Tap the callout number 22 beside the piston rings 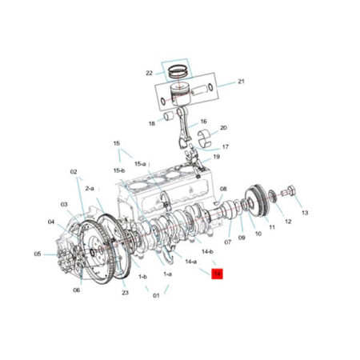tap(149, 73)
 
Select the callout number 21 tap(241, 82)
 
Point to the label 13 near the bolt tap(304, 213)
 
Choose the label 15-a tap(141, 162)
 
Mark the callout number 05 tap(37, 254)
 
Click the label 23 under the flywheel tap(126, 292)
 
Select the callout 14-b tap(207, 251)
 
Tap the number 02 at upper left tap(74, 171)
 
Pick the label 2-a tap(90, 187)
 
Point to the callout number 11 tap(271, 227)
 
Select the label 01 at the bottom tap(156, 294)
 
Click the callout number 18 tap(151, 123)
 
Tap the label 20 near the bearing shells tap(223, 128)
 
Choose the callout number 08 tap(224, 189)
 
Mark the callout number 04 tap(51, 222)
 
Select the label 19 tap(216, 157)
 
